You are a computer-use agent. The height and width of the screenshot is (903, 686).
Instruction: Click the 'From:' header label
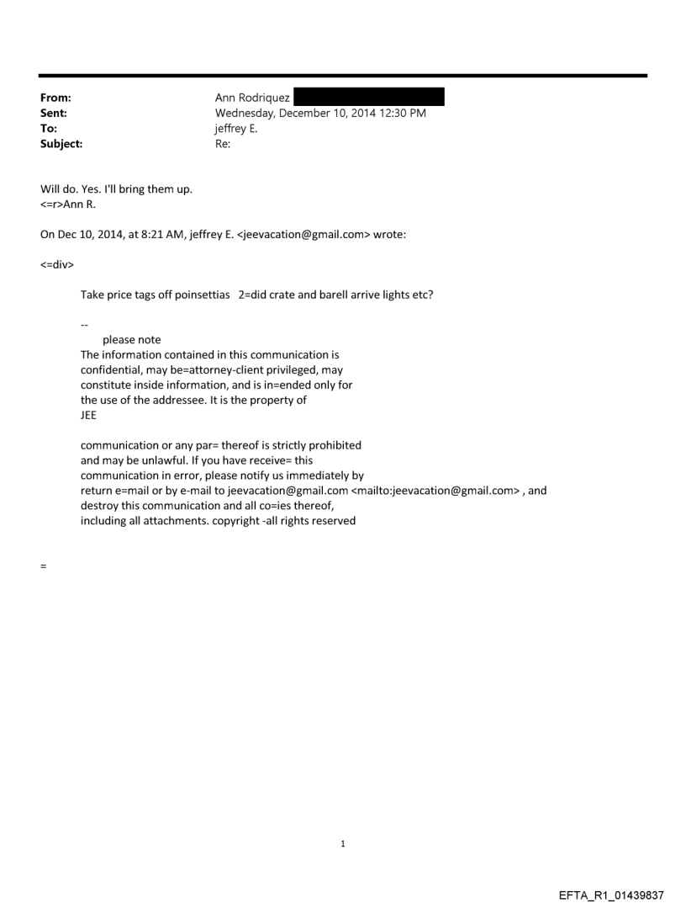(55, 98)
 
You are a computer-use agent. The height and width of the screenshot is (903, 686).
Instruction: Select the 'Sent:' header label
(54, 114)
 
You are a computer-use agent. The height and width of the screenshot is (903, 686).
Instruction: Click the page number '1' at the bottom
(343, 843)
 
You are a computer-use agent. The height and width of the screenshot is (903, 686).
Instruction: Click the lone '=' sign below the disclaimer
(43, 566)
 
